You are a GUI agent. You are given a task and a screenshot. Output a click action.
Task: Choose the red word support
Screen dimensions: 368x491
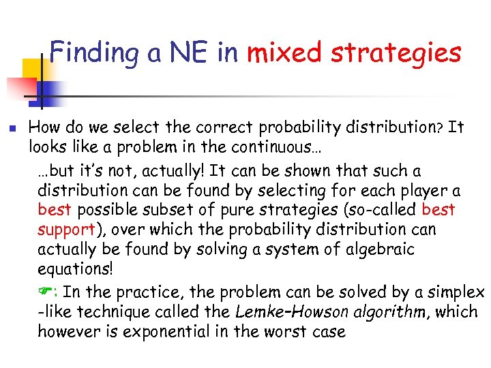pos(65,230)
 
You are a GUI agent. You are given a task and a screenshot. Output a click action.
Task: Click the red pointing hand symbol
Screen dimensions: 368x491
pos(46,292)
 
